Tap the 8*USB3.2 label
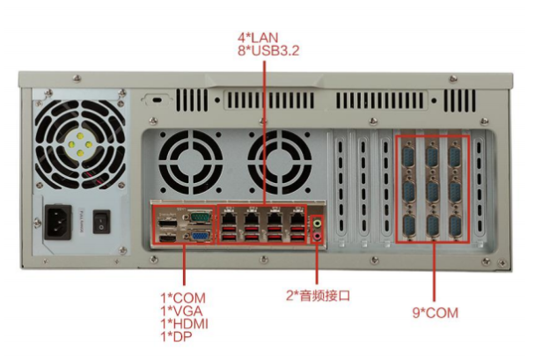[269, 52]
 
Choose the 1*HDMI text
[185, 323]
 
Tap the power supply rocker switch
[102, 221]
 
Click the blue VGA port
[201, 233]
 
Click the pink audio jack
[319, 235]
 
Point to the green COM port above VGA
[201, 215]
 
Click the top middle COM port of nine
[433, 156]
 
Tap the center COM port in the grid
[433, 191]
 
